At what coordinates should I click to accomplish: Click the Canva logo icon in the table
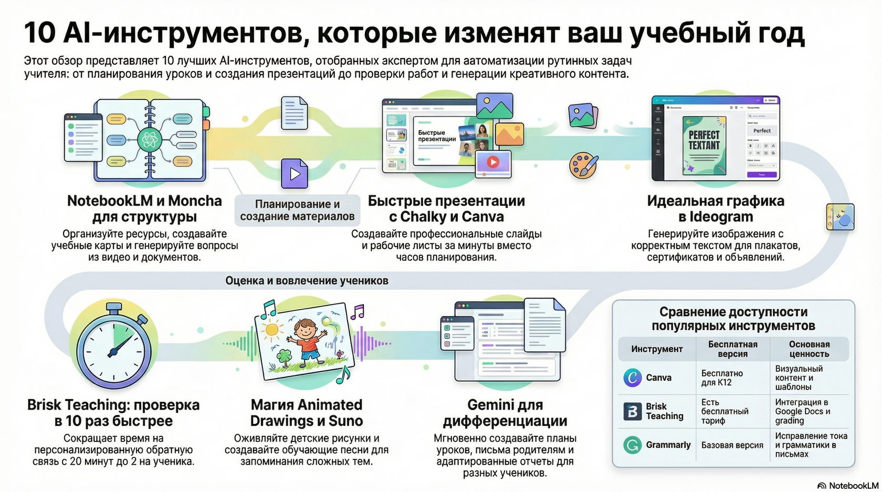click(x=633, y=378)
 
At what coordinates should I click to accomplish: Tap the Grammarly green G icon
click(x=632, y=445)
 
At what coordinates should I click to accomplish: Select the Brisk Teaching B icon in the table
click(x=632, y=411)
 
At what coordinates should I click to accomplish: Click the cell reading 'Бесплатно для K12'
click(x=722, y=378)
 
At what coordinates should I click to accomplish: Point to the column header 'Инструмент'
click(x=657, y=349)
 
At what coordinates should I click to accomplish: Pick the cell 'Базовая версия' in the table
click(x=732, y=445)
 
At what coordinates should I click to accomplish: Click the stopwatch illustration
click(x=111, y=349)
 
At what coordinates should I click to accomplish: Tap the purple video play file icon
click(x=295, y=173)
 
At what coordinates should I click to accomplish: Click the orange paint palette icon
click(x=583, y=165)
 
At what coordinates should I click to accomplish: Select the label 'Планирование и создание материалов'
click(x=297, y=210)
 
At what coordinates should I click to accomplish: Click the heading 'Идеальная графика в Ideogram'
click(x=715, y=208)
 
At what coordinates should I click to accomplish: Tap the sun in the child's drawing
click(x=271, y=330)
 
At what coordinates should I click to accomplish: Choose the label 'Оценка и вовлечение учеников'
click(x=307, y=281)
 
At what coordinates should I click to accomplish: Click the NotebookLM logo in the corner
click(x=847, y=486)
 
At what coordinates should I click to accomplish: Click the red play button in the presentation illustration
click(x=492, y=162)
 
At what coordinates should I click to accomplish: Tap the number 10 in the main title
click(x=40, y=33)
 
